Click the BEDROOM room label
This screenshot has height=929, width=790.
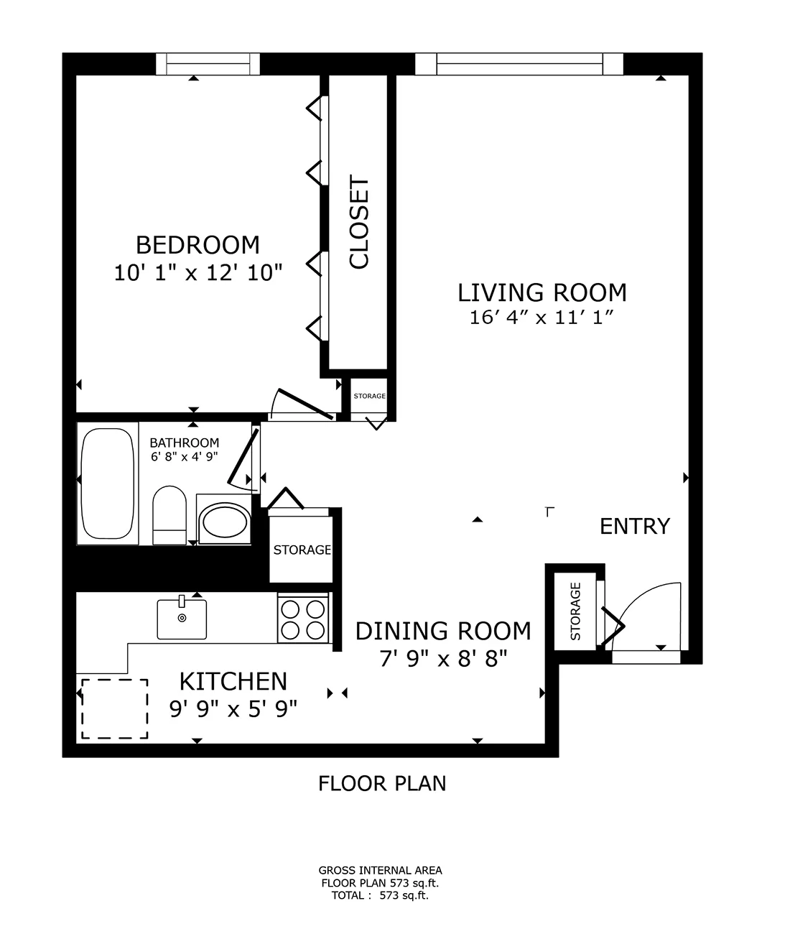[197, 246]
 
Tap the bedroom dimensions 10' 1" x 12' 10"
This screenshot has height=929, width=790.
[197, 273]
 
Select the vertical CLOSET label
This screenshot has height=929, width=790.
[359, 222]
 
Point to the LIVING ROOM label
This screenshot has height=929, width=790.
[542, 292]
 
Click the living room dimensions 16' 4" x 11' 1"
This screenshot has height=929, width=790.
[542, 318]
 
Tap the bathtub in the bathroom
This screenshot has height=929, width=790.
[108, 483]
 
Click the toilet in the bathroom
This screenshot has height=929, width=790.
[169, 515]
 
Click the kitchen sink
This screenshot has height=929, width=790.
[182, 619]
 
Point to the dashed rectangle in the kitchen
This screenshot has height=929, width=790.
[115, 708]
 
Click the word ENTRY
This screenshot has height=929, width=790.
[635, 527]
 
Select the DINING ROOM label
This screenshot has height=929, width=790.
[443, 631]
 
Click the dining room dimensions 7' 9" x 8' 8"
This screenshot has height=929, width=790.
[444, 660]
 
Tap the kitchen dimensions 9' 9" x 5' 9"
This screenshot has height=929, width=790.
[233, 709]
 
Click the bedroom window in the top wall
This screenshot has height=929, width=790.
[208, 64]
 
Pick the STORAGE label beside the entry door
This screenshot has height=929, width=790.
[576, 611]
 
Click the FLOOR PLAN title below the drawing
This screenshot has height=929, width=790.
[382, 783]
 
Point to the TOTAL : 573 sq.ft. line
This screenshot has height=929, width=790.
[380, 895]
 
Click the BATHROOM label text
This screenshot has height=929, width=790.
[185, 443]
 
